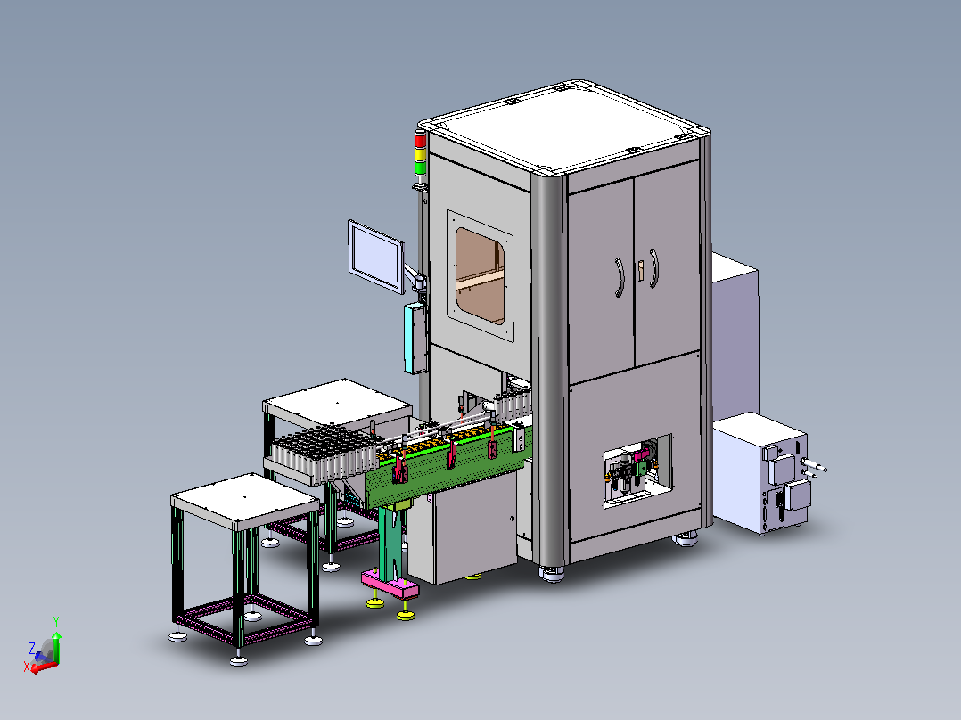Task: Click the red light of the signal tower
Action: (420, 140)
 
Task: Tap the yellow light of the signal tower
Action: (420, 154)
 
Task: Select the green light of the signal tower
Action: (421, 168)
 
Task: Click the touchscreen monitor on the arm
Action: (375, 257)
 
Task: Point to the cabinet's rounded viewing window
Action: (480, 275)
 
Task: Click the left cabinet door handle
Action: (620, 277)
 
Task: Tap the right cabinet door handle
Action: (654, 268)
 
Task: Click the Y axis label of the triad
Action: (56, 621)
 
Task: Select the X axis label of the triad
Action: (27, 667)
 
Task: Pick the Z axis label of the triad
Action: (32, 648)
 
